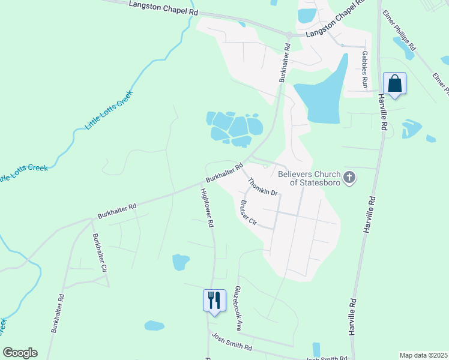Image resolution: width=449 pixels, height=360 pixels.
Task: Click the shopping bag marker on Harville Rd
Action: point(394,83)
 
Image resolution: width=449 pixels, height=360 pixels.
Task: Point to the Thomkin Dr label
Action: point(263,185)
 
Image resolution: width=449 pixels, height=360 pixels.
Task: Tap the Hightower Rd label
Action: point(207,207)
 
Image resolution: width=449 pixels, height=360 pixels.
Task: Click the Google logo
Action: point(20,353)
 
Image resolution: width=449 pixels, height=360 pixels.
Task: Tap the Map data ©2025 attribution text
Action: point(423,355)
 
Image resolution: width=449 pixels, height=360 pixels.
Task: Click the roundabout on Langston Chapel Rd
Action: point(289,35)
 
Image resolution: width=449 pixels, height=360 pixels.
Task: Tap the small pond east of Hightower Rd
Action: point(181,262)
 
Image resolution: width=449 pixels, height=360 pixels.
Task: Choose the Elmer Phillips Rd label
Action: point(403,33)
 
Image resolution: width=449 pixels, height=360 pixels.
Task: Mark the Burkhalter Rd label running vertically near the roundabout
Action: point(284,62)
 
